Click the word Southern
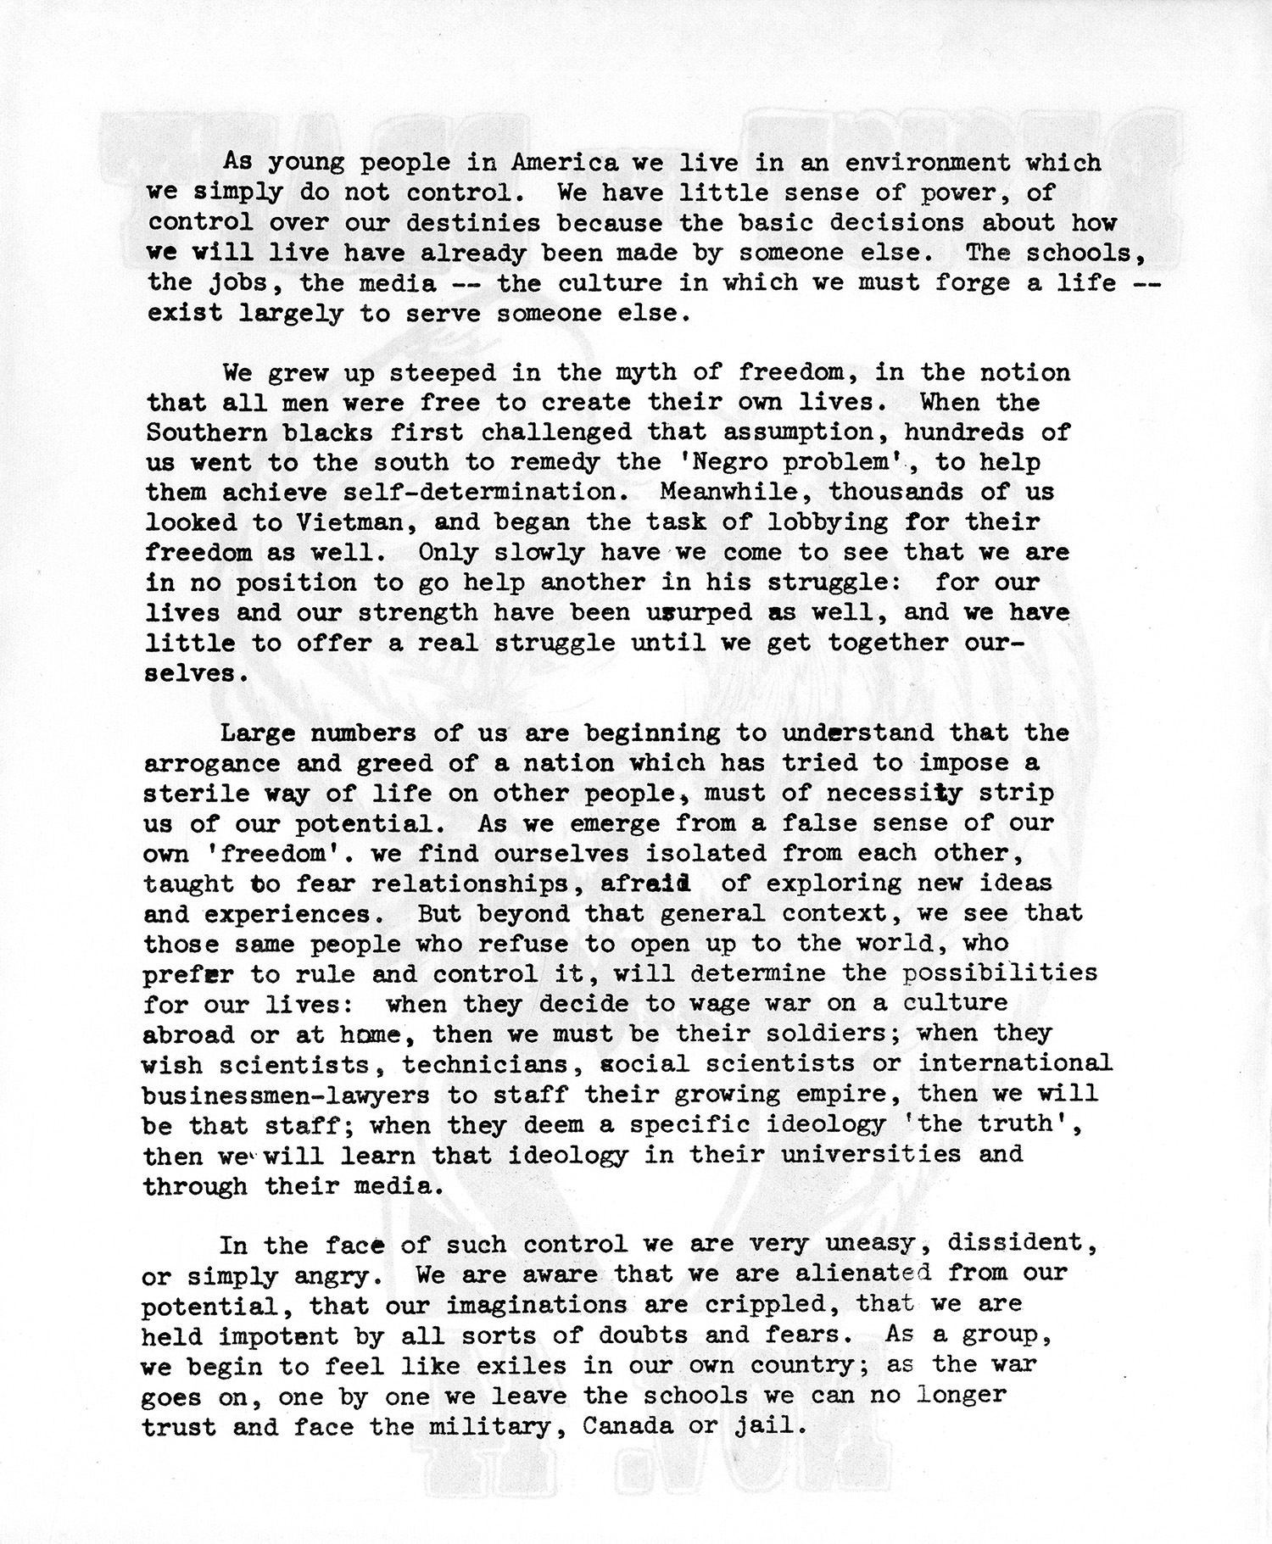coord(206,432)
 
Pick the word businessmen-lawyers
coord(286,1095)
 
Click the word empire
coord(850,1095)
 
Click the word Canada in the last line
coord(628,1426)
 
